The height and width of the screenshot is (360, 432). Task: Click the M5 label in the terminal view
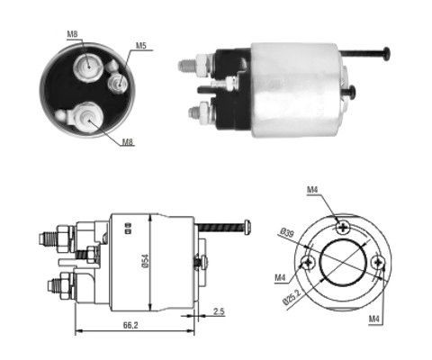point(140,46)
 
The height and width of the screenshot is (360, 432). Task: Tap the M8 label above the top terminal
point(72,34)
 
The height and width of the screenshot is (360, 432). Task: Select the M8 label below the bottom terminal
point(128,141)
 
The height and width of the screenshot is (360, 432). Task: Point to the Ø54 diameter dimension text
point(145,261)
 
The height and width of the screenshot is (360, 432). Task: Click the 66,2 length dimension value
point(130,325)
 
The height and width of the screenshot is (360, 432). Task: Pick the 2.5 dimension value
point(219,311)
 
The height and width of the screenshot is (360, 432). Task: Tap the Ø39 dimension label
point(287,232)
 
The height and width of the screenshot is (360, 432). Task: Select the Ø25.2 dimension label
point(292,297)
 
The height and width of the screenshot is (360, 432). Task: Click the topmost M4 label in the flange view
point(312,190)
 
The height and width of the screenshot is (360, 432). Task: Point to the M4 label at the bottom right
point(374,319)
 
